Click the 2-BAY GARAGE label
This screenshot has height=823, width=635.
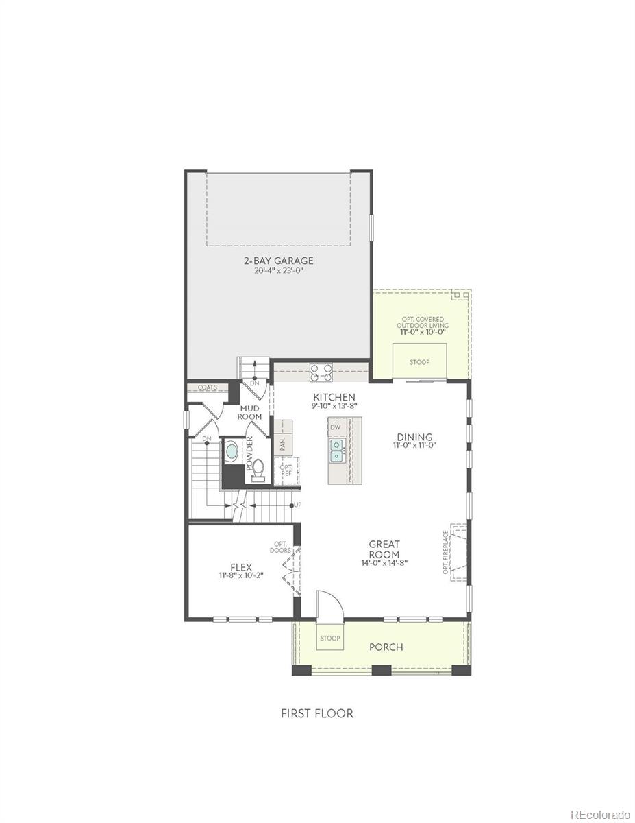click(x=279, y=260)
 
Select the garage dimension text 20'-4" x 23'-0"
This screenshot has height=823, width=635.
click(x=279, y=270)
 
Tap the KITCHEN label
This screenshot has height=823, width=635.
click(x=334, y=397)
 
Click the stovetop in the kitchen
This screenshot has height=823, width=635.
click(x=321, y=372)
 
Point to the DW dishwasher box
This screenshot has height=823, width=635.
click(x=335, y=427)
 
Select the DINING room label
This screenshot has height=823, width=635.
click(x=414, y=437)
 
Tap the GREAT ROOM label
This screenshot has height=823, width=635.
click(x=384, y=549)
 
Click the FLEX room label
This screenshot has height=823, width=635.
click(x=241, y=567)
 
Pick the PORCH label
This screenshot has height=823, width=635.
click(x=386, y=647)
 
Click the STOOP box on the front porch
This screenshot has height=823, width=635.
click(x=329, y=639)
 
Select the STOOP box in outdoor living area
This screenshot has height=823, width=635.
click(x=420, y=362)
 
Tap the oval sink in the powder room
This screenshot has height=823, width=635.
click(x=232, y=452)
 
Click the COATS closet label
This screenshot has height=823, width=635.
click(x=208, y=387)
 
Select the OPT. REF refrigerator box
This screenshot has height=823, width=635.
click(x=286, y=470)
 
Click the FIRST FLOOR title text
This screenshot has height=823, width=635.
click(x=317, y=713)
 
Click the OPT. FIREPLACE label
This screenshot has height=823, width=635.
click(x=446, y=551)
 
